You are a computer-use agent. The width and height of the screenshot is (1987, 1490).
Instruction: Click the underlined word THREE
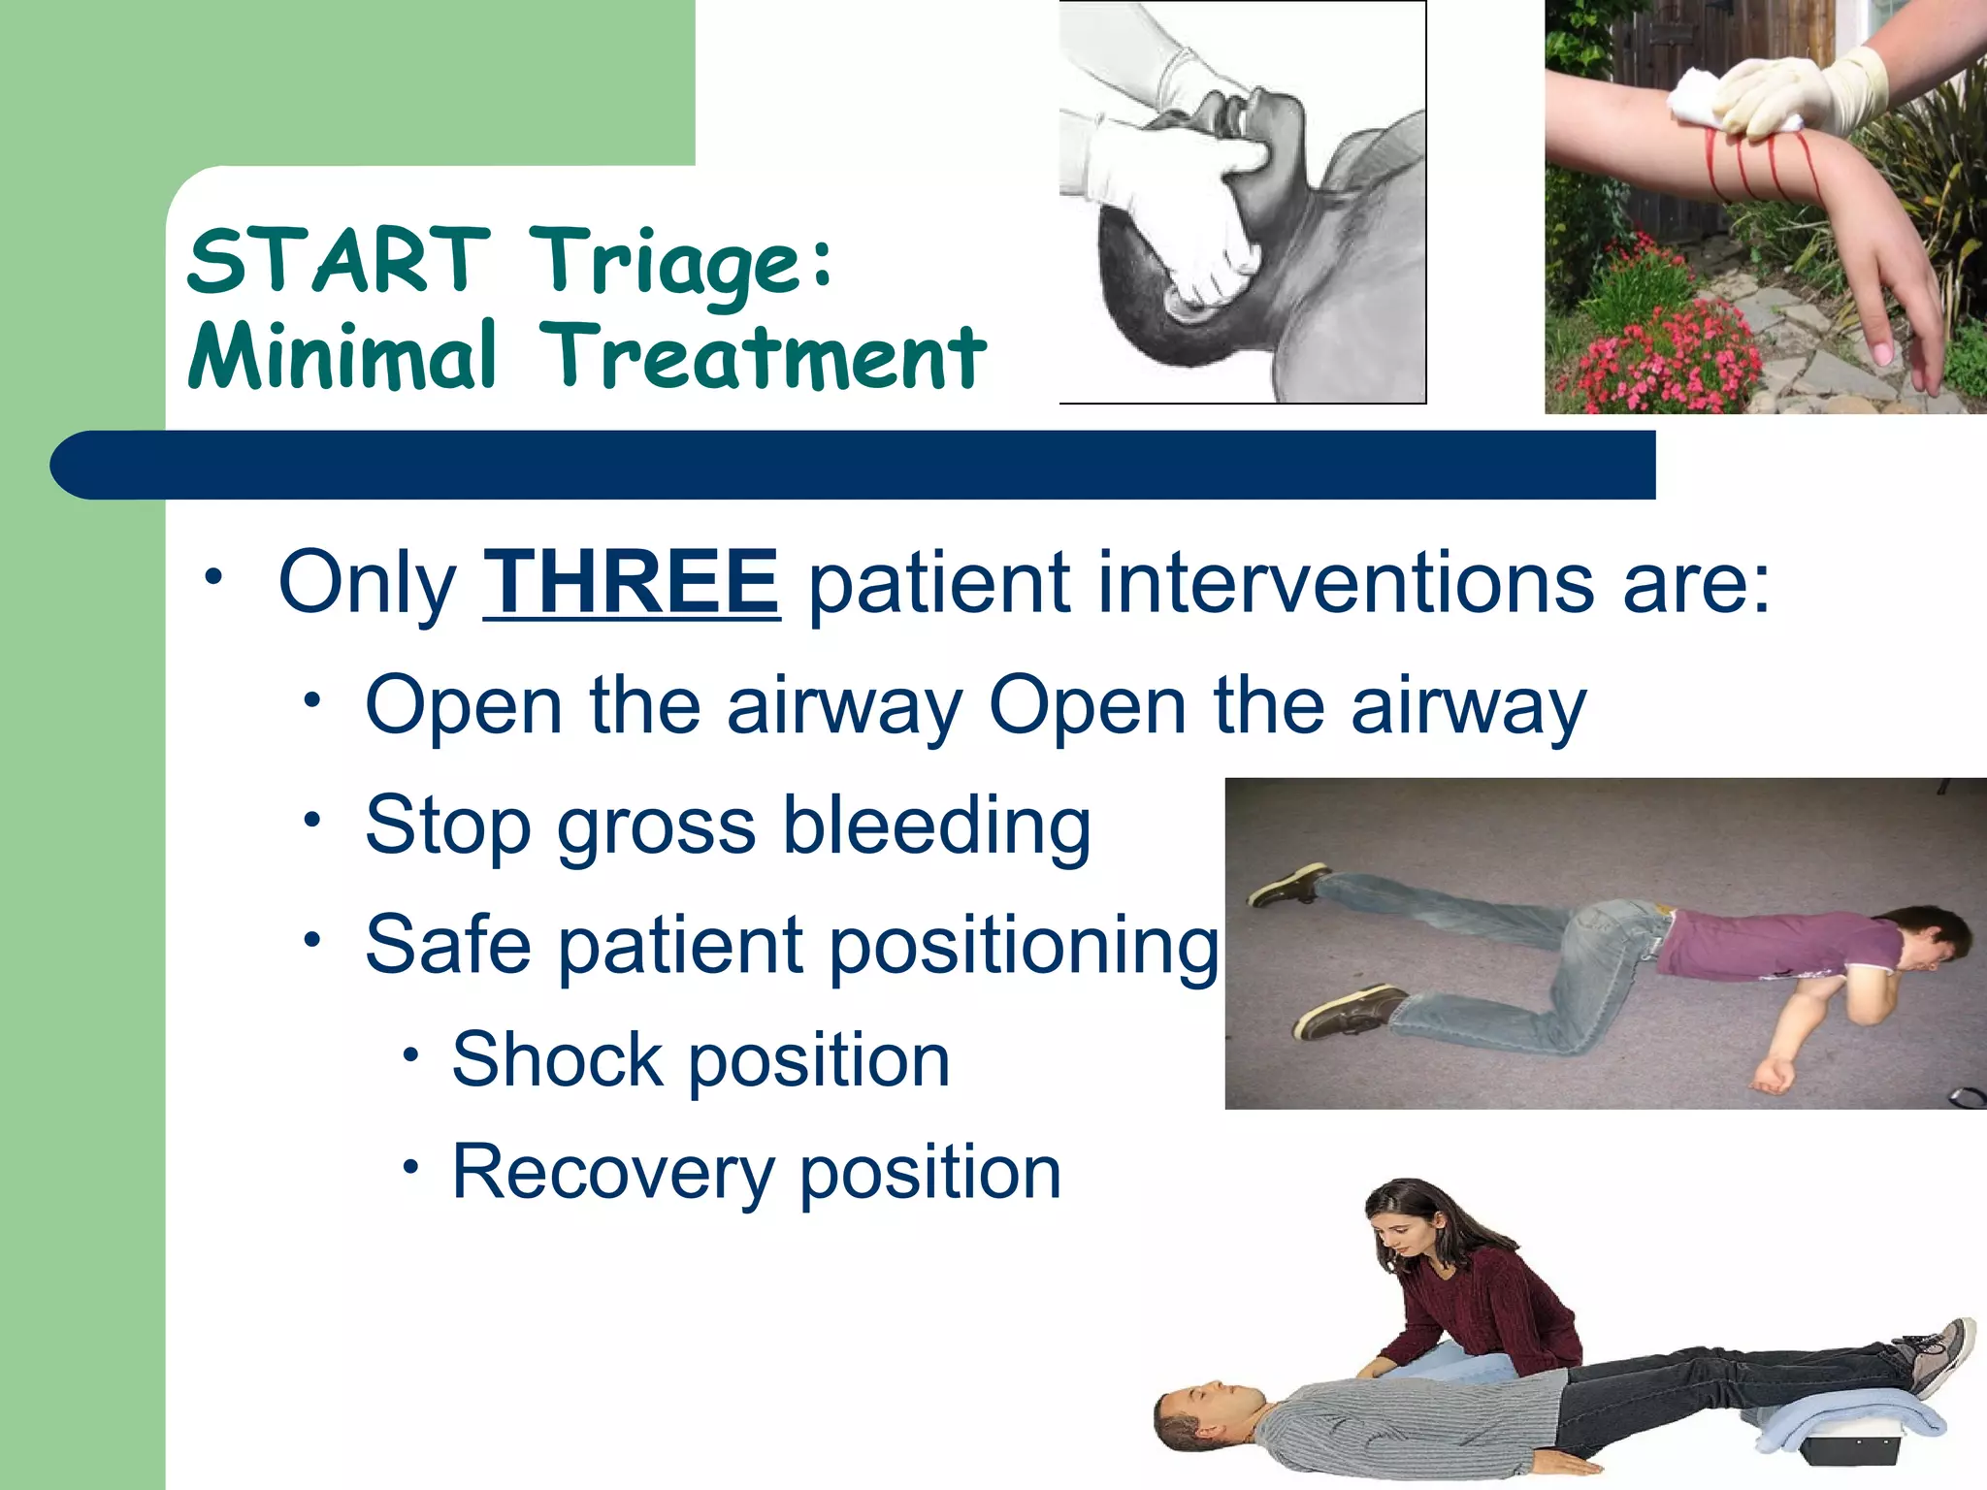[632, 583]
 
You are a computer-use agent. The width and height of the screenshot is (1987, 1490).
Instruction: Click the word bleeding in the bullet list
[936, 826]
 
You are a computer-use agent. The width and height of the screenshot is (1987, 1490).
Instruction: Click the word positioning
[1024, 946]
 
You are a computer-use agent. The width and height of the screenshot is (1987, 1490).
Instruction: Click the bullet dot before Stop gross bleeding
[311, 821]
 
